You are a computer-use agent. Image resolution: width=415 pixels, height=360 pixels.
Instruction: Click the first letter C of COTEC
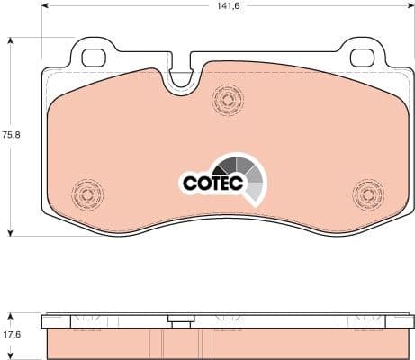189,184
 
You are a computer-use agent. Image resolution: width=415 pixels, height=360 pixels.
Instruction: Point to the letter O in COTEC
203,184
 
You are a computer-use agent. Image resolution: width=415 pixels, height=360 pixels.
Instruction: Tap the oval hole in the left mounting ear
94,57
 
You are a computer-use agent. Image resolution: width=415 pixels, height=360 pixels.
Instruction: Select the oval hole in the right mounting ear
362,57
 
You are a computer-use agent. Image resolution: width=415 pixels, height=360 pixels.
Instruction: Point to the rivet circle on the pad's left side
87,193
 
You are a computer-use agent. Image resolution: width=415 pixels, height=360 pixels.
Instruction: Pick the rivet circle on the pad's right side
368,193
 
